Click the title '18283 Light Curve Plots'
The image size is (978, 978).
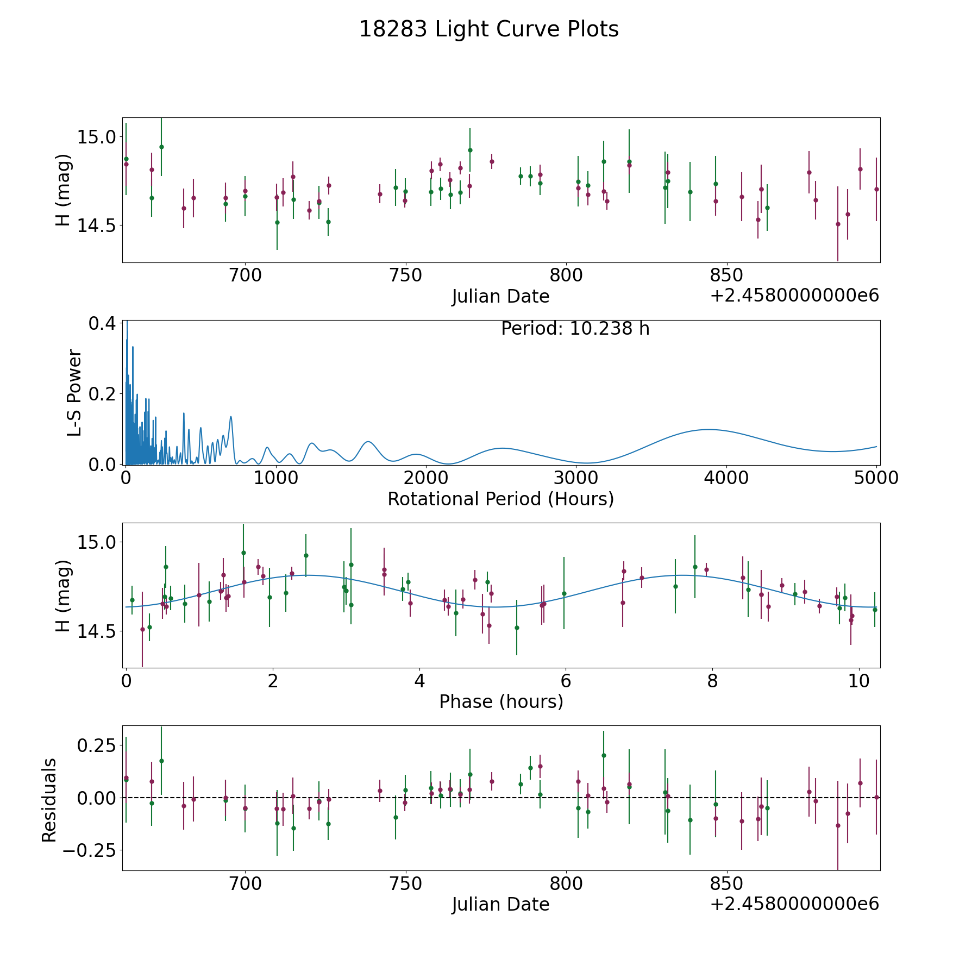[x=489, y=29]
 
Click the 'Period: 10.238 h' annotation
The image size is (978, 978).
[x=575, y=329]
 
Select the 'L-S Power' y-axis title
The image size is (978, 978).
[x=74, y=393]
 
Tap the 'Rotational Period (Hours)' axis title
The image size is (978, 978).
[x=501, y=499]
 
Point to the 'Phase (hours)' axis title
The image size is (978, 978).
[x=501, y=701]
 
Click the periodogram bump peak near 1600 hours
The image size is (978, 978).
[x=368, y=441]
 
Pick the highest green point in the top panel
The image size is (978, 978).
[x=161, y=147]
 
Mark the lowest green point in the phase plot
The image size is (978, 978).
[x=517, y=628]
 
